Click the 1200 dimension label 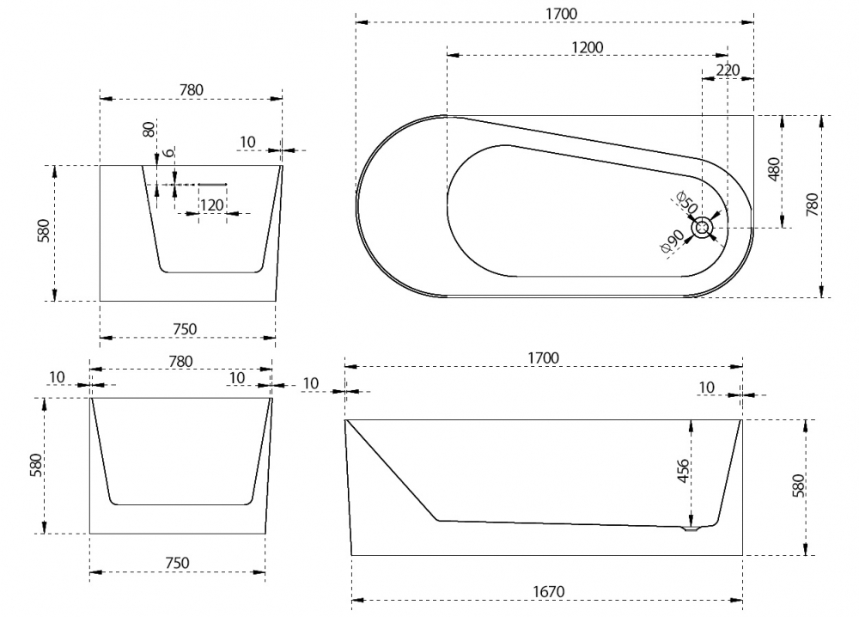pyautogui.click(x=587, y=47)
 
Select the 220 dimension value pyautogui.click(x=728, y=70)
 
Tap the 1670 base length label pyautogui.click(x=547, y=592)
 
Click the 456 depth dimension pyautogui.click(x=683, y=473)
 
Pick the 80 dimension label pyautogui.click(x=149, y=130)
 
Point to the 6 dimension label pyautogui.click(x=169, y=152)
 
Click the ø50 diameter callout pyautogui.click(x=685, y=205)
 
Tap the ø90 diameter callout pyautogui.click(x=672, y=243)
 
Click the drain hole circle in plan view pyautogui.click(x=704, y=228)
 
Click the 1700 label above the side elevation pyautogui.click(x=543, y=357)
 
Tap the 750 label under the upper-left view pyautogui.click(x=185, y=328)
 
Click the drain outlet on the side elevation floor pyautogui.click(x=688, y=528)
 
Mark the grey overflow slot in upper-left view pyautogui.click(x=212, y=183)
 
